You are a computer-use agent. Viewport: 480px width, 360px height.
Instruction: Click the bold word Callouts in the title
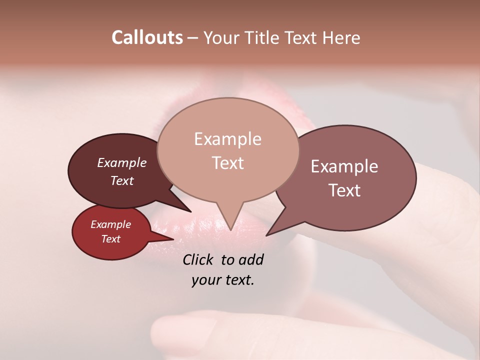coord(147,37)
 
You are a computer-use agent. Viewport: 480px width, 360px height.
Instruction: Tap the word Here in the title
coord(341,37)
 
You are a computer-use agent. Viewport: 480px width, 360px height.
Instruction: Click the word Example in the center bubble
coord(227,139)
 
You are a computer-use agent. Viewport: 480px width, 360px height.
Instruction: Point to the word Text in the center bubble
coord(227,163)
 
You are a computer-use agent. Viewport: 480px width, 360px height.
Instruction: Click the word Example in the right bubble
coord(344,166)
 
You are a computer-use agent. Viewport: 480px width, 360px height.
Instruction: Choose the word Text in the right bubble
coord(344,190)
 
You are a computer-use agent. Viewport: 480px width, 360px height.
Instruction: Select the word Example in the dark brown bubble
coord(121,162)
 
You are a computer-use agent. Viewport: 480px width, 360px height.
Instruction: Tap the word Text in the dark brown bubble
coord(121,180)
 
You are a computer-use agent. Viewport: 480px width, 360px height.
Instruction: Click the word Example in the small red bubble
coord(110,224)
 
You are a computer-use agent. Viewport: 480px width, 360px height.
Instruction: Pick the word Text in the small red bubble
coord(110,239)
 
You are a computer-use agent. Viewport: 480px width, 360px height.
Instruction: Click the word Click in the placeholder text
coord(198,259)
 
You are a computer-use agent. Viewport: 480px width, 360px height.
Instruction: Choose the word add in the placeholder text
coord(251,259)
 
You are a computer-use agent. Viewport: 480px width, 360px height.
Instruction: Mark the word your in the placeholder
coord(204,280)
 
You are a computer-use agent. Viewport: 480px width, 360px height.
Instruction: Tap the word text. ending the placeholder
coord(237,280)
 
